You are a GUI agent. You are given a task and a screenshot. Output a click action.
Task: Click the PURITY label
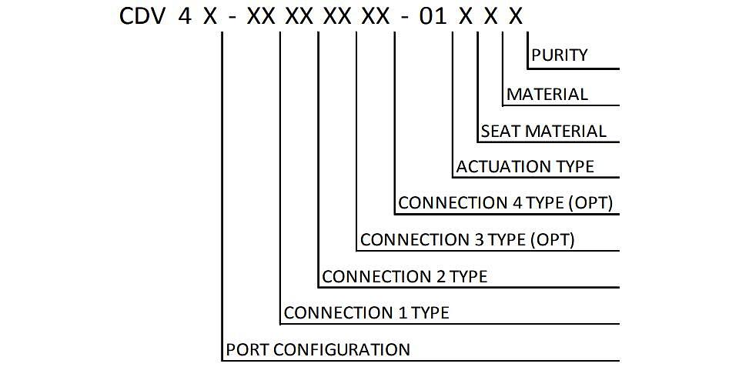pos(560,55)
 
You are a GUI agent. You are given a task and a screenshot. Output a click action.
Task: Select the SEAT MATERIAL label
pos(543,132)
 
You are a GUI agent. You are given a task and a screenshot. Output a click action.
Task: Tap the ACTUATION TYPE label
pos(525,167)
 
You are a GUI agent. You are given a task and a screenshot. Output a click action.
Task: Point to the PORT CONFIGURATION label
pos(318,350)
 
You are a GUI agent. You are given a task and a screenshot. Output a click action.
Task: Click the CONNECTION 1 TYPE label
pos(366,313)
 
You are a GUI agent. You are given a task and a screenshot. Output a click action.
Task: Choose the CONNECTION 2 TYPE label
pos(404,276)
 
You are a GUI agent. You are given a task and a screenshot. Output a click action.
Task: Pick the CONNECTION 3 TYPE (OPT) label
pos(467,239)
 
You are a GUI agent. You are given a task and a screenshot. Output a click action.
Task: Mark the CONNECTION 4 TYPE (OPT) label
pos(505,203)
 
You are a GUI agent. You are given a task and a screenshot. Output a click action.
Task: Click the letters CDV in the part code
pos(142,16)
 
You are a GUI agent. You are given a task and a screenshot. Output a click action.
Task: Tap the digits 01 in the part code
pos(433,16)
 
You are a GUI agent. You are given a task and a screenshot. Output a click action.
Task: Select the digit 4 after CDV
pos(186,16)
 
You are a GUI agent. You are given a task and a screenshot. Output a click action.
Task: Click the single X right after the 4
pos(210,16)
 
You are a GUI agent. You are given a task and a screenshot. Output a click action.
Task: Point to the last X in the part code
pos(516,16)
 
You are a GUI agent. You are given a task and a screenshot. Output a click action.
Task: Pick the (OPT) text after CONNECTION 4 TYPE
pos(590,203)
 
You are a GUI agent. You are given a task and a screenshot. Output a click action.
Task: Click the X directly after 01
pos(465,16)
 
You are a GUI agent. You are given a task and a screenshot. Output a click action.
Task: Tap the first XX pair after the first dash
pos(261,16)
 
